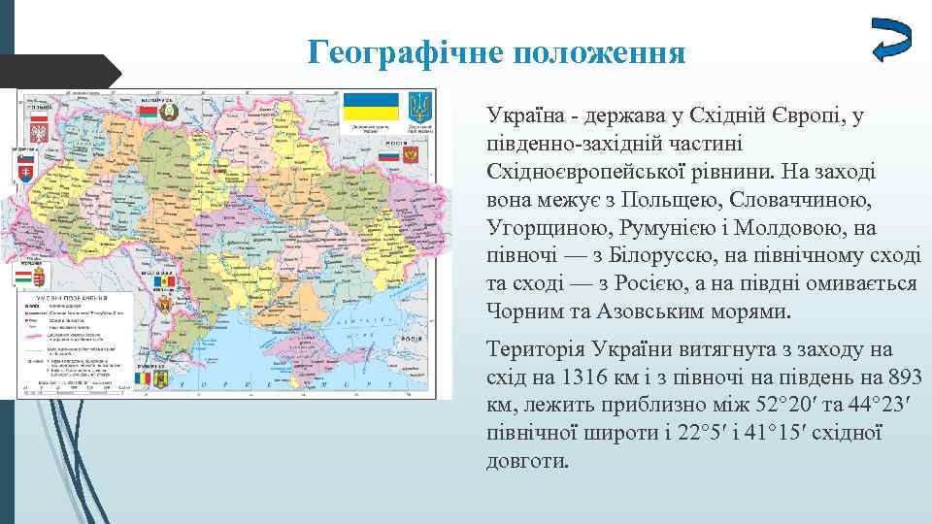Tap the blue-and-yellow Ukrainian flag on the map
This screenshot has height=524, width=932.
(372, 107)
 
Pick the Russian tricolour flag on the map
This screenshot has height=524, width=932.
(388, 155)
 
